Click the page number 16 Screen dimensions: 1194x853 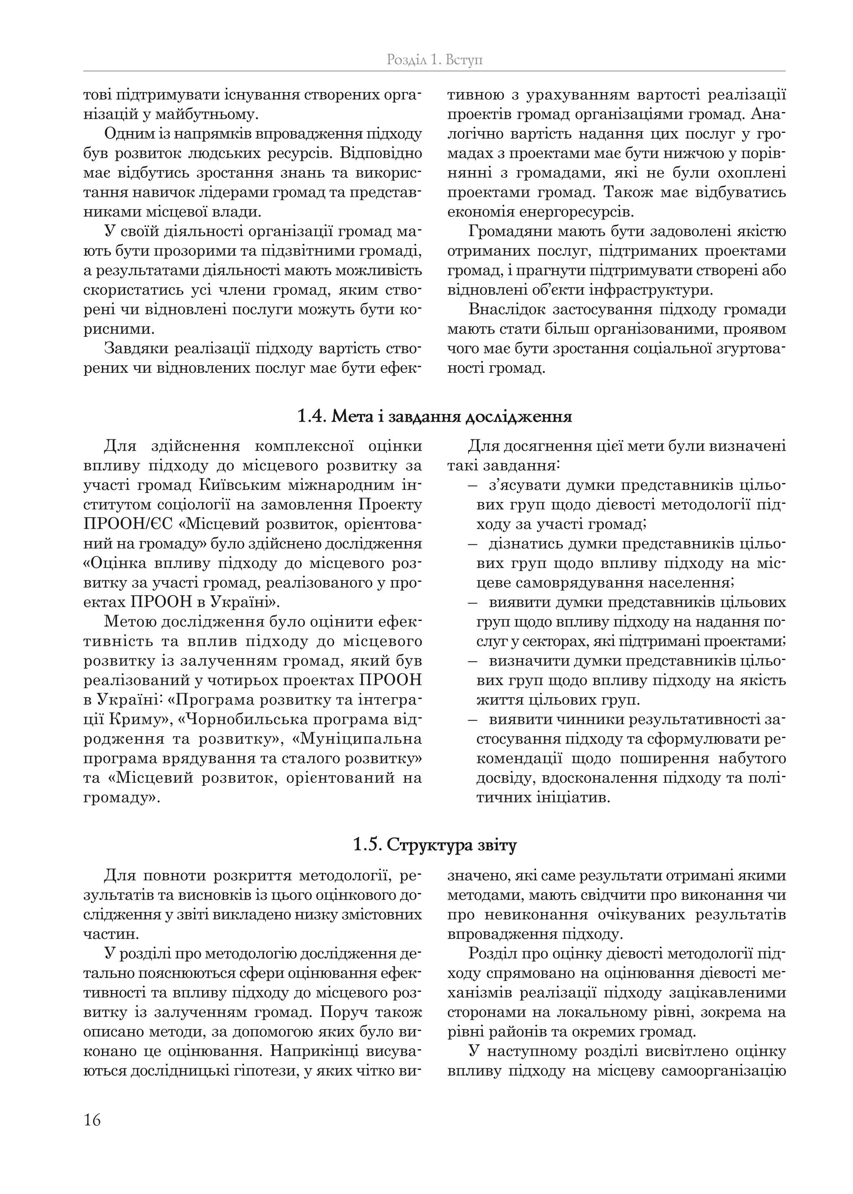point(92,1119)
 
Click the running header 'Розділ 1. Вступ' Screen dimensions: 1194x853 point(434,60)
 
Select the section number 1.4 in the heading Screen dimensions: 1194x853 point(312,417)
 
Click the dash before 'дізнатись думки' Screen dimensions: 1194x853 point(471,544)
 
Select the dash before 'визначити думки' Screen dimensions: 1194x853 point(471,661)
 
